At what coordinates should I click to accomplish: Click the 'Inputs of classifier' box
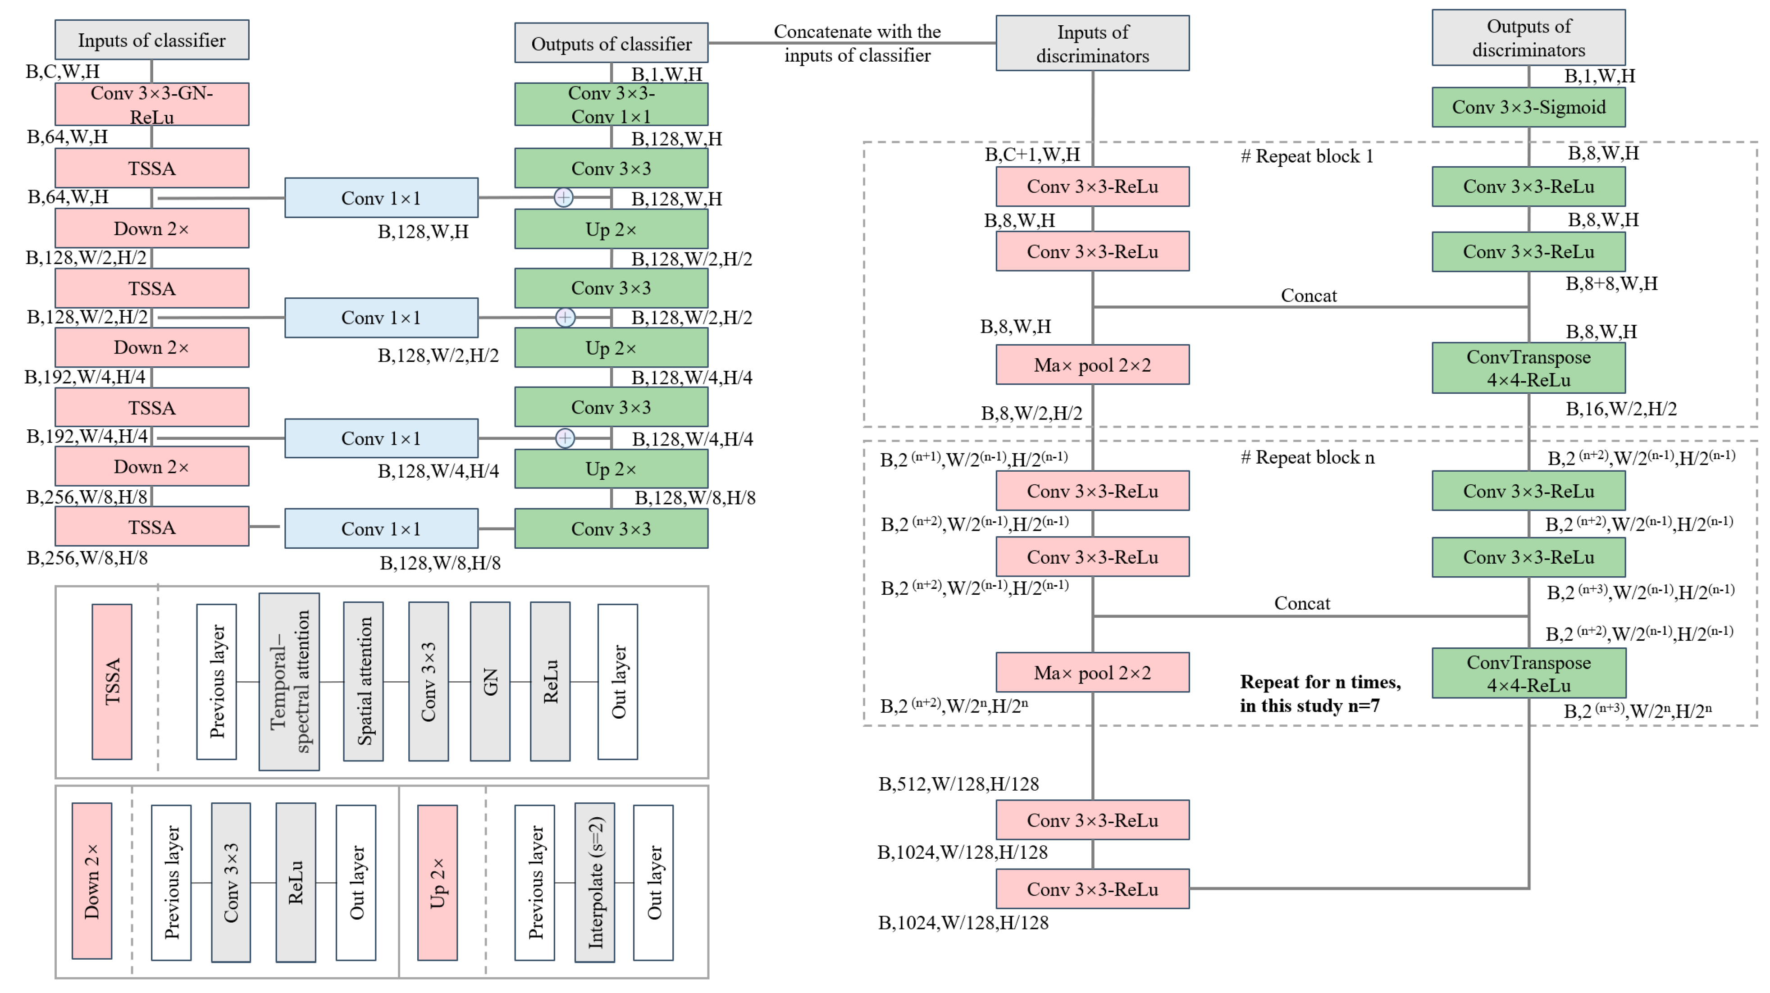click(x=152, y=40)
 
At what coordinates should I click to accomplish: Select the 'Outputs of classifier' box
click(x=611, y=43)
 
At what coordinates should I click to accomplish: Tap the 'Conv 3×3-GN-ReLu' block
click(x=152, y=105)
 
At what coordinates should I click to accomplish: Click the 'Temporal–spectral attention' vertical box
click(x=289, y=681)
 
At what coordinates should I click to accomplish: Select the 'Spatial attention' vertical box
click(x=364, y=681)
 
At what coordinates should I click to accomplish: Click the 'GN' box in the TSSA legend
click(x=490, y=681)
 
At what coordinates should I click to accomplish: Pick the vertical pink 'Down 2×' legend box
click(x=92, y=881)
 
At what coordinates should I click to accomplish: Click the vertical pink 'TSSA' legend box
click(x=112, y=681)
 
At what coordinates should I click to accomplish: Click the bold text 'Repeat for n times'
click(x=1319, y=683)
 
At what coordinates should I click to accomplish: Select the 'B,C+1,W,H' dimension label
click(x=1032, y=155)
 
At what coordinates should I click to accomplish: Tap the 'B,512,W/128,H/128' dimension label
click(x=958, y=784)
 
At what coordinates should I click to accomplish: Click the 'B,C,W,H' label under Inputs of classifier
click(x=63, y=72)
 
